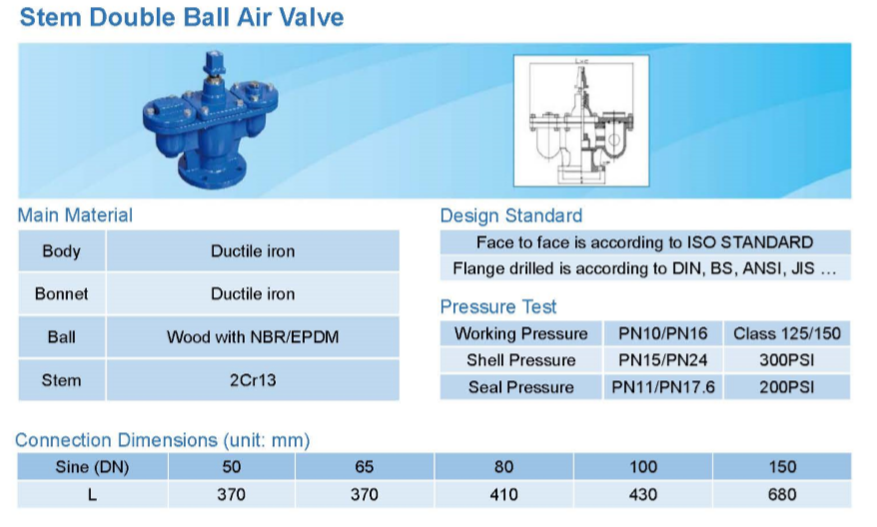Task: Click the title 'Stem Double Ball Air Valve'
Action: point(182,17)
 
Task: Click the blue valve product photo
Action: point(210,120)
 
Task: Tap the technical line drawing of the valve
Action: point(581,120)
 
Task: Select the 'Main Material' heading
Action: point(75,216)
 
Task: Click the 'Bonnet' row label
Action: point(62,294)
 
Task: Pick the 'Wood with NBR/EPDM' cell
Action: point(253,337)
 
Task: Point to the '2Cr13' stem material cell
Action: point(253,380)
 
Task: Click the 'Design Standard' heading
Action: point(511,216)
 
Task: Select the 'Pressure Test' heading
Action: point(498,306)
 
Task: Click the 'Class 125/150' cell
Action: point(787,333)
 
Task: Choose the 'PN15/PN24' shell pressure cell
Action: point(663,360)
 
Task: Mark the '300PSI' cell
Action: point(787,360)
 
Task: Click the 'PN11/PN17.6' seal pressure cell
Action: point(663,387)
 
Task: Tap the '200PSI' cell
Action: point(787,387)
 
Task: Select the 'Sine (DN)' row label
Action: point(92,467)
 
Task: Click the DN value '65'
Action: point(365,467)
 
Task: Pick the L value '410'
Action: point(503,495)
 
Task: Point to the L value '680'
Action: point(782,495)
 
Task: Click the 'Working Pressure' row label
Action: point(520,333)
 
